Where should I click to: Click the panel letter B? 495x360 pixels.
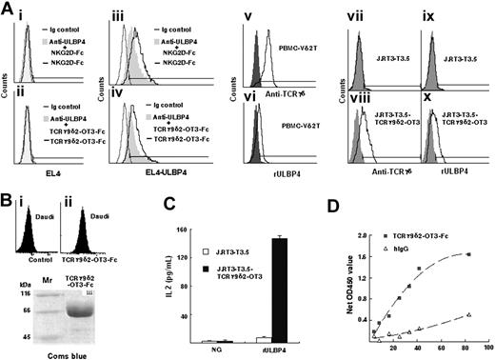pyautogui.click(x=7, y=197)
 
